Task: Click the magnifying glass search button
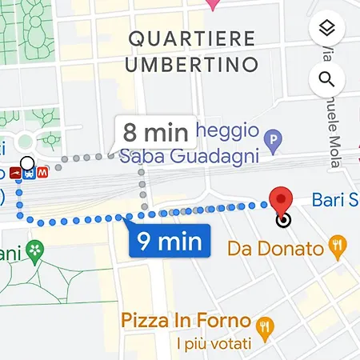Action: pyautogui.click(x=326, y=78)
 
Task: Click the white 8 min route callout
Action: pyautogui.click(x=155, y=130)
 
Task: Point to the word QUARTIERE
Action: pyautogui.click(x=191, y=38)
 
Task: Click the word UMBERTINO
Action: pyautogui.click(x=191, y=62)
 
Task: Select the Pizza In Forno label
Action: pyautogui.click(x=186, y=321)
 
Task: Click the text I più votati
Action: pyautogui.click(x=213, y=345)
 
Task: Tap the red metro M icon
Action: pyautogui.click(x=42, y=171)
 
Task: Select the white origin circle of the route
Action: pyautogui.click(x=27, y=164)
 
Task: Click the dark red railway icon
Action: pyautogui.click(x=15, y=172)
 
